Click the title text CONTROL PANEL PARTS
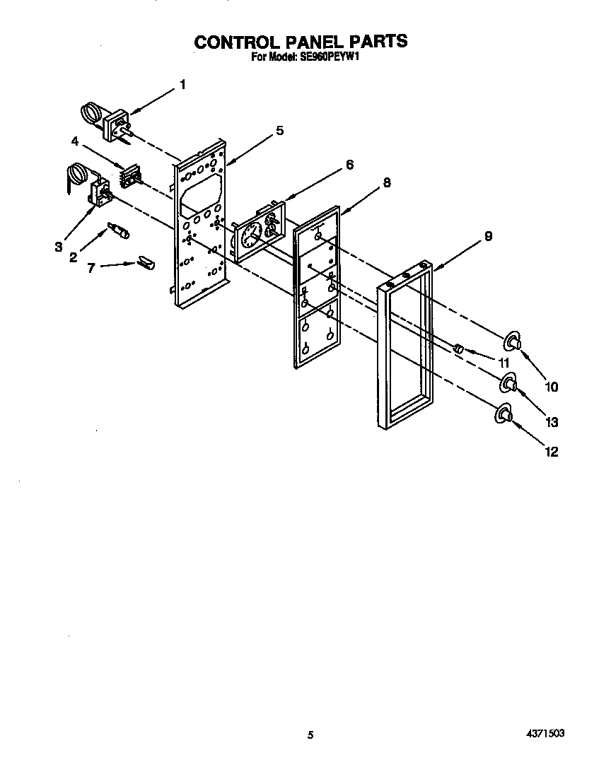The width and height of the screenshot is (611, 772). (301, 42)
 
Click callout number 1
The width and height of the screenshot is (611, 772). (182, 85)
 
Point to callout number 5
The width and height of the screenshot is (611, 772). (279, 130)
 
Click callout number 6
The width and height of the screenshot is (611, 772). (349, 164)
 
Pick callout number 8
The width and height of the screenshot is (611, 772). (386, 182)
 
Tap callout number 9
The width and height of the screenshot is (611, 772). (487, 236)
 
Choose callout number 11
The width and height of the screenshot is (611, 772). (504, 363)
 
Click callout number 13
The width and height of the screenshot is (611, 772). (552, 422)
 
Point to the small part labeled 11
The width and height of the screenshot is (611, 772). (458, 348)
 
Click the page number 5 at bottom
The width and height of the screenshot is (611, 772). (310, 735)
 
